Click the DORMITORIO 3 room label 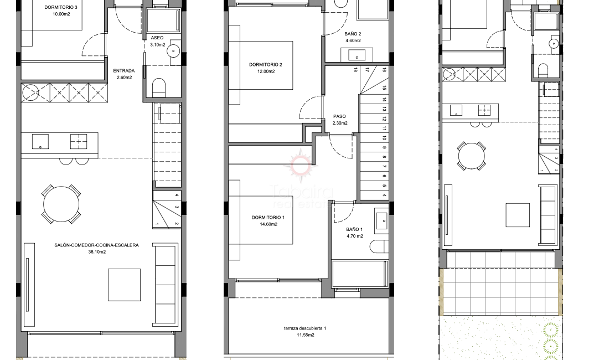point(64,8)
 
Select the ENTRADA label point(124,71)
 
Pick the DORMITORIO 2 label point(266,65)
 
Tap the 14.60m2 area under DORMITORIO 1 point(267,224)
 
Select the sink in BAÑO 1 point(382,220)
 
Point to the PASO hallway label point(339,116)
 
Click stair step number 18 point(355,70)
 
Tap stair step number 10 point(384,138)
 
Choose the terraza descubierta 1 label point(304,329)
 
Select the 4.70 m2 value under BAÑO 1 point(355,236)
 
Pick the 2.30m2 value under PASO point(339,123)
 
